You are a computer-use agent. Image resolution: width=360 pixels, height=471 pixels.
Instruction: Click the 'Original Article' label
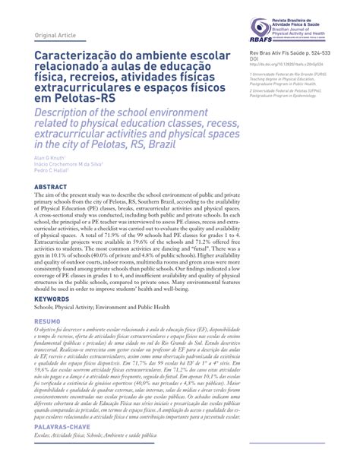[56, 35]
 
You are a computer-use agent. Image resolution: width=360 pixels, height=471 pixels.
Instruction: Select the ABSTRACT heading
[50, 186]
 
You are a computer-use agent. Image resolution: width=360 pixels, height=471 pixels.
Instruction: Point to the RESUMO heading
[47, 322]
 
